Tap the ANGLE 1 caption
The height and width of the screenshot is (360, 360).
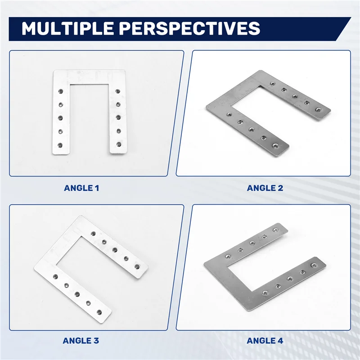pyautogui.click(x=81, y=188)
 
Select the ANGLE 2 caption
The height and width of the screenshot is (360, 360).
pyautogui.click(x=265, y=188)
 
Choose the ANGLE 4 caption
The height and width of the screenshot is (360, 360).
pyautogui.click(x=265, y=341)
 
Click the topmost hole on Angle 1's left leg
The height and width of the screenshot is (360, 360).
pyautogui.click(x=60, y=91)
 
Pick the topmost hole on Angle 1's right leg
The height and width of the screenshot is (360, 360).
pyautogui.click(x=118, y=91)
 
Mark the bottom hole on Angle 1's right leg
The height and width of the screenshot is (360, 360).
pyautogui.click(x=118, y=144)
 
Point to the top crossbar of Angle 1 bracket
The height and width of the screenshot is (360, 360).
pyautogui.click(x=89, y=76)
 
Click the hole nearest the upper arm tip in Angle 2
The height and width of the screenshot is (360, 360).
pyautogui.click(x=319, y=109)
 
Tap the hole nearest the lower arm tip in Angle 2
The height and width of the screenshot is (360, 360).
pyautogui.click(x=275, y=145)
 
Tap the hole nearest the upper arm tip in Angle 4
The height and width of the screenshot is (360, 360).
pyautogui.click(x=275, y=230)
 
